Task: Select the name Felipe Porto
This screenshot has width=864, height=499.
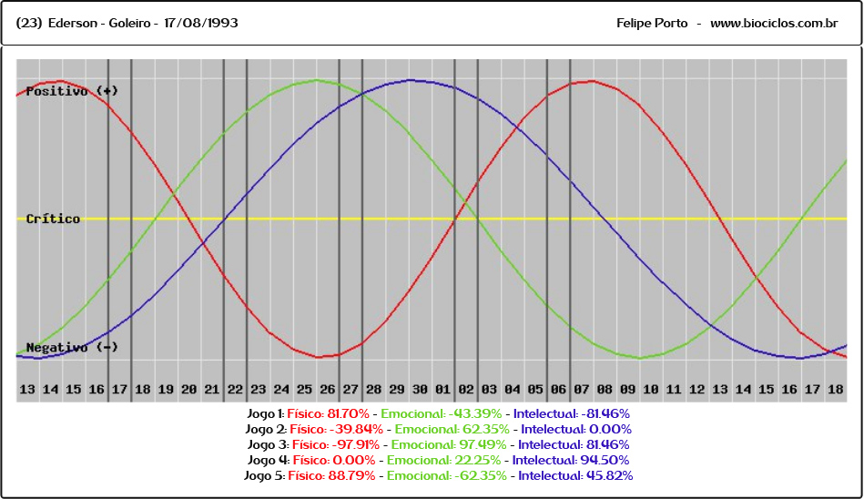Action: coord(652,23)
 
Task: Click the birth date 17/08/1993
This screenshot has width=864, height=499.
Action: coord(202,23)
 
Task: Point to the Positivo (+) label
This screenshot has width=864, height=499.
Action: coord(72,91)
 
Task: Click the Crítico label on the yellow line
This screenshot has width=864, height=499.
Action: coord(53,219)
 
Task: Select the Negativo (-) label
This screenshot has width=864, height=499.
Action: coord(72,347)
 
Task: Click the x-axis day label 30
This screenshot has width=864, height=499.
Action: coord(420,390)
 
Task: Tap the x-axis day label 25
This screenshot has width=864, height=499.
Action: coord(304,390)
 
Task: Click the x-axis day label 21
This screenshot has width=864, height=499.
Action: coord(211,390)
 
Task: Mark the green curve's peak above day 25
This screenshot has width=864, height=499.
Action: coord(316,80)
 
